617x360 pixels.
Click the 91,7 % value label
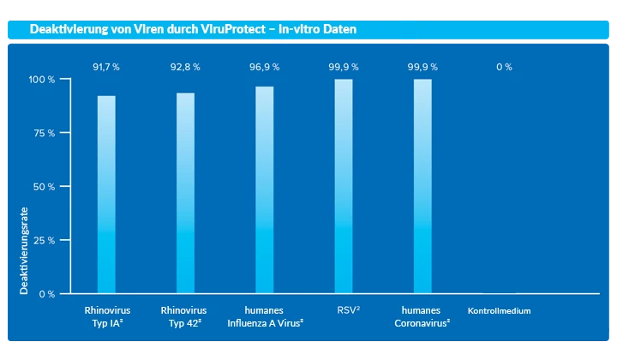coord(105,67)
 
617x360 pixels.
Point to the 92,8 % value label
coord(185,67)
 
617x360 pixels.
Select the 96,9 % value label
coord(264,67)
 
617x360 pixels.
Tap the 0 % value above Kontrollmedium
coord(503,67)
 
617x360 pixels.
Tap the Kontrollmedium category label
coord(500,311)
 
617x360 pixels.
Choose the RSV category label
coord(347,310)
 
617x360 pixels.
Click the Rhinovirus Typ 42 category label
coord(185,316)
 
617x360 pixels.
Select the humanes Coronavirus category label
coord(422,316)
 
